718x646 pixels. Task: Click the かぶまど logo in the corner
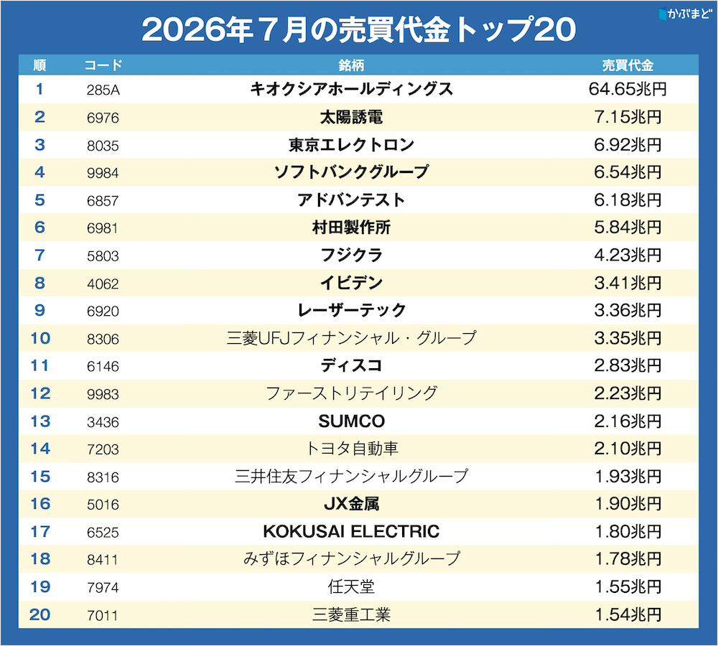(684, 13)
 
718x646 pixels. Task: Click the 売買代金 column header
(628, 65)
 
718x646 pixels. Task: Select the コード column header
(103, 65)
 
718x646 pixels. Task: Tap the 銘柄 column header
(351, 65)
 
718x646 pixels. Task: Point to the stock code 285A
(103, 90)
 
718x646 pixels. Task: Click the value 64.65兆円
(628, 89)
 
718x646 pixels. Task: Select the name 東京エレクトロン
(351, 145)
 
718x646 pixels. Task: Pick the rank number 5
(39, 200)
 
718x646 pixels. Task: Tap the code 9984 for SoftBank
(103, 173)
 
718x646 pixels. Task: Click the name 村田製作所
(351, 227)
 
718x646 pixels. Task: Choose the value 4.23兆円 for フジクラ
(628, 255)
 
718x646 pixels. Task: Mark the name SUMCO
(351, 421)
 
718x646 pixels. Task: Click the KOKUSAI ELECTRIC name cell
(351, 532)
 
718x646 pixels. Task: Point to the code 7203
(103, 449)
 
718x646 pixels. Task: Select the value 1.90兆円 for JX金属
(628, 504)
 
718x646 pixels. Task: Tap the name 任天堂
(351, 586)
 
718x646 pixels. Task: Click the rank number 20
(39, 614)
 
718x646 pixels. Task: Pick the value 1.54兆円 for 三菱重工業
(628, 614)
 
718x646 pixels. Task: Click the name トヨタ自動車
(351, 449)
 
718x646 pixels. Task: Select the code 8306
(103, 340)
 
